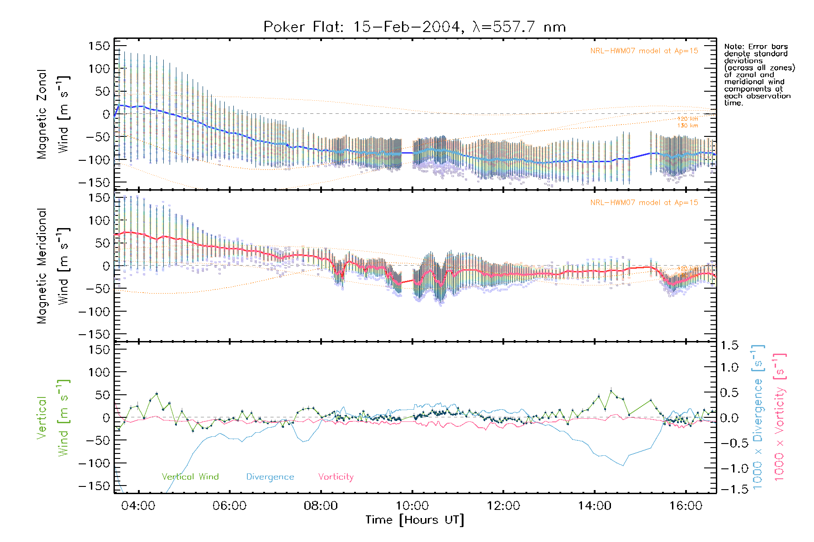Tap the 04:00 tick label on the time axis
tap(138, 505)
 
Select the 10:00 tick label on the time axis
tap(412, 505)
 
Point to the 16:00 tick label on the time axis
tap(686, 505)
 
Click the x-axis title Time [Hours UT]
tap(415, 520)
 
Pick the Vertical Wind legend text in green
tap(190, 477)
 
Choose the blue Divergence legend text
tap(270, 477)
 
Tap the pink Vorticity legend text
tap(336, 477)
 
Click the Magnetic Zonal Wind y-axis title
tap(53, 114)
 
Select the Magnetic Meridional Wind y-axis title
tap(53, 266)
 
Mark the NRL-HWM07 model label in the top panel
tap(644, 51)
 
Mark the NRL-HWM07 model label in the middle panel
tap(644, 203)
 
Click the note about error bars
tap(759, 75)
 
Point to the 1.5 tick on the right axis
tap(729, 346)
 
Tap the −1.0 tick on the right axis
tap(729, 468)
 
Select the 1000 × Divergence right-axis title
tap(758, 416)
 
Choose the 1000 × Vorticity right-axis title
tap(780, 416)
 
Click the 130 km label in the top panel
tap(687, 126)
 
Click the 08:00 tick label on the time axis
tap(321, 505)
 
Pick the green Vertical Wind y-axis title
tap(53, 418)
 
